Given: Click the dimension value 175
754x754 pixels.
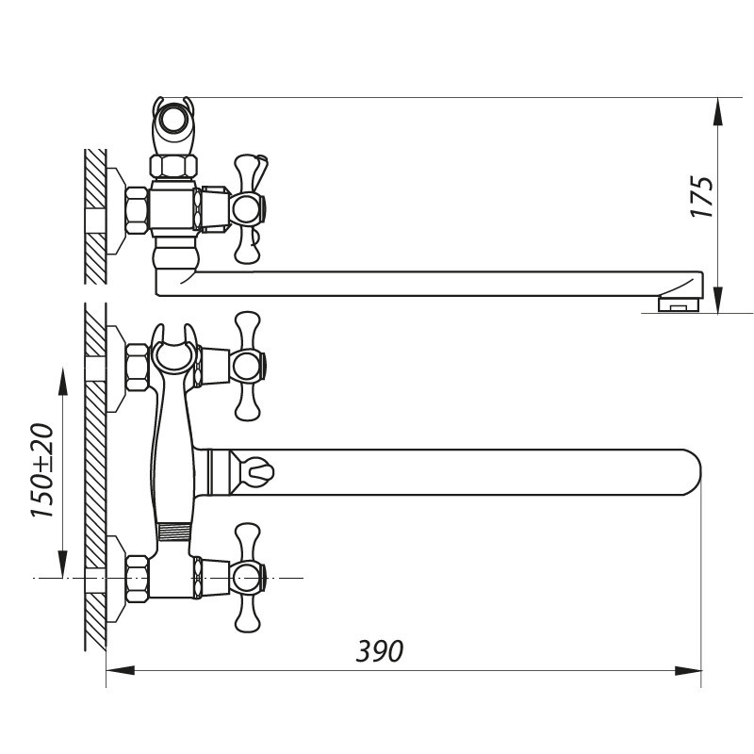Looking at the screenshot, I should [703, 197].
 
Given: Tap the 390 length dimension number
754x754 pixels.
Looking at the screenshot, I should [380, 650].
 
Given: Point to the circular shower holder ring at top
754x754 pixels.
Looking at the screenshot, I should [173, 120].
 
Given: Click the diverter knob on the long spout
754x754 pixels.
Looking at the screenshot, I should [254, 468].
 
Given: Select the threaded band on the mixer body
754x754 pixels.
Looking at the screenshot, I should [174, 532].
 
